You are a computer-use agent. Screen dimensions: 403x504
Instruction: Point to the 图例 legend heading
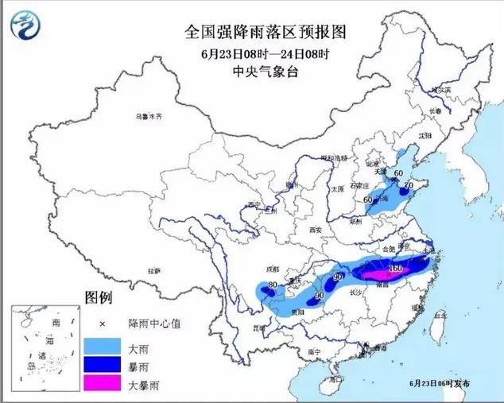[99, 300]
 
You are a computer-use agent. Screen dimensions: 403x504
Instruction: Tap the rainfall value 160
[396, 269]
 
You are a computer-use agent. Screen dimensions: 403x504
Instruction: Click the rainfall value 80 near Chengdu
[273, 285]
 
